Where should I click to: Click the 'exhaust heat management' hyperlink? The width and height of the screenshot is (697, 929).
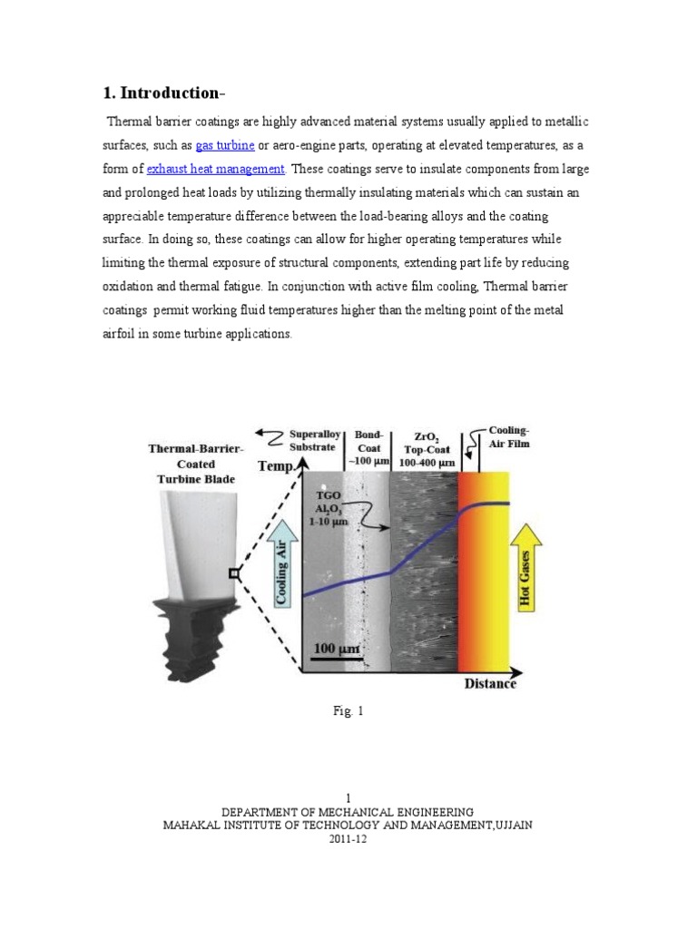(x=216, y=169)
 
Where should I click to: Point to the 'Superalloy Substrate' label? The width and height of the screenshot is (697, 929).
(x=313, y=441)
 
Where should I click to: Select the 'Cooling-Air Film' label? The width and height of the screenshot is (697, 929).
(x=509, y=437)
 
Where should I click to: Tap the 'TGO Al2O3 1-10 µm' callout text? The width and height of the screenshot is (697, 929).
(x=330, y=510)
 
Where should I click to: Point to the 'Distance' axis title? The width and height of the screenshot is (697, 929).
(x=490, y=683)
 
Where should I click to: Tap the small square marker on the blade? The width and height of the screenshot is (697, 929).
(x=234, y=572)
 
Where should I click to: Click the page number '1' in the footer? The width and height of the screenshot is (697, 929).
(x=348, y=797)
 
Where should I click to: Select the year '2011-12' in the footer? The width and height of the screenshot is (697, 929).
(x=348, y=839)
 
